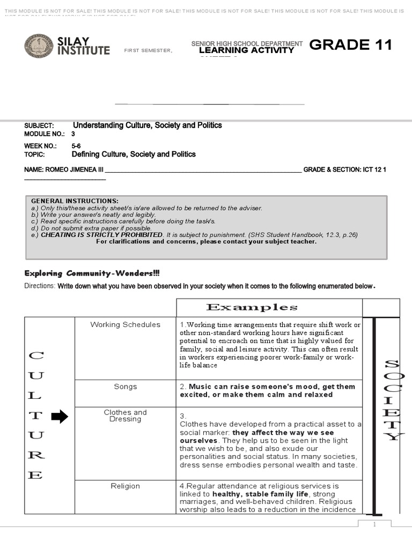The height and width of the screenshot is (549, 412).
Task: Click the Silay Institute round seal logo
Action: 39,46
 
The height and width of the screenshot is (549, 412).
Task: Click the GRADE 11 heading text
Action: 351,45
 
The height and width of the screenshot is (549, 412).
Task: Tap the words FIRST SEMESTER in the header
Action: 148,50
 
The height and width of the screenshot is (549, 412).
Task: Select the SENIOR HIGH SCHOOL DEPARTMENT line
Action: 247,43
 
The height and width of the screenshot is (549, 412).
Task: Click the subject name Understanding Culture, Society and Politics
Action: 147,125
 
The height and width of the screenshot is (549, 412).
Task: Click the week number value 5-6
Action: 76,146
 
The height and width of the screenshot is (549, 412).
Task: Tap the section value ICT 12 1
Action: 374,169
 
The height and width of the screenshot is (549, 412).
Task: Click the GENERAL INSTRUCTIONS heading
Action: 75,201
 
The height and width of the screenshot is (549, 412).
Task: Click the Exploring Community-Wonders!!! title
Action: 92,273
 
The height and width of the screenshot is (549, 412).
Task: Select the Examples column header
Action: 252,307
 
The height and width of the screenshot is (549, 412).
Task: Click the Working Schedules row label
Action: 125,324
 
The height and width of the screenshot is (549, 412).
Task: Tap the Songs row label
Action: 125,387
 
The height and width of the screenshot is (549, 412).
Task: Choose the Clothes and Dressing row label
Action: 125,416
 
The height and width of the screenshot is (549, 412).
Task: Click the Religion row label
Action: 125,486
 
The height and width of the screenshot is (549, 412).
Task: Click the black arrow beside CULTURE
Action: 59,417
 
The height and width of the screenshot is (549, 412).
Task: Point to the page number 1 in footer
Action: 374,524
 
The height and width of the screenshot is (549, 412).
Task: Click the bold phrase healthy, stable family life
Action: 260,494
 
